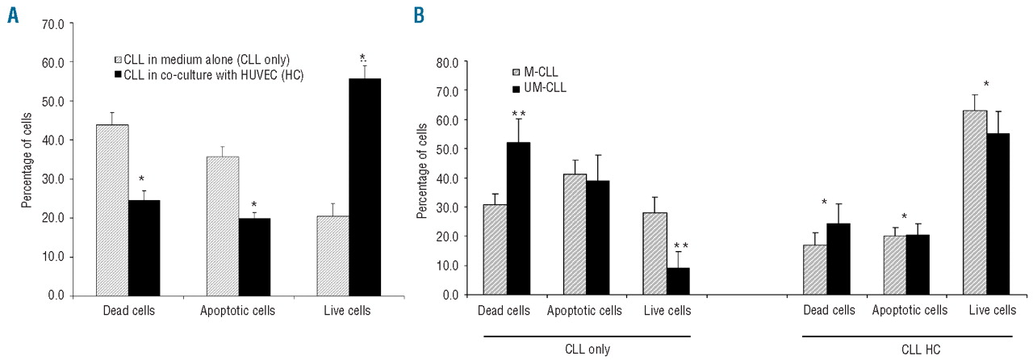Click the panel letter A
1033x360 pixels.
(14, 15)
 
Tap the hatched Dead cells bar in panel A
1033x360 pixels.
(112, 210)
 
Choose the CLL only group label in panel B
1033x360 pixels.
(586, 349)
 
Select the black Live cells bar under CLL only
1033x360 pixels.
(678, 281)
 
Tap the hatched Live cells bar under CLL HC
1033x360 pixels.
(976, 203)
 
